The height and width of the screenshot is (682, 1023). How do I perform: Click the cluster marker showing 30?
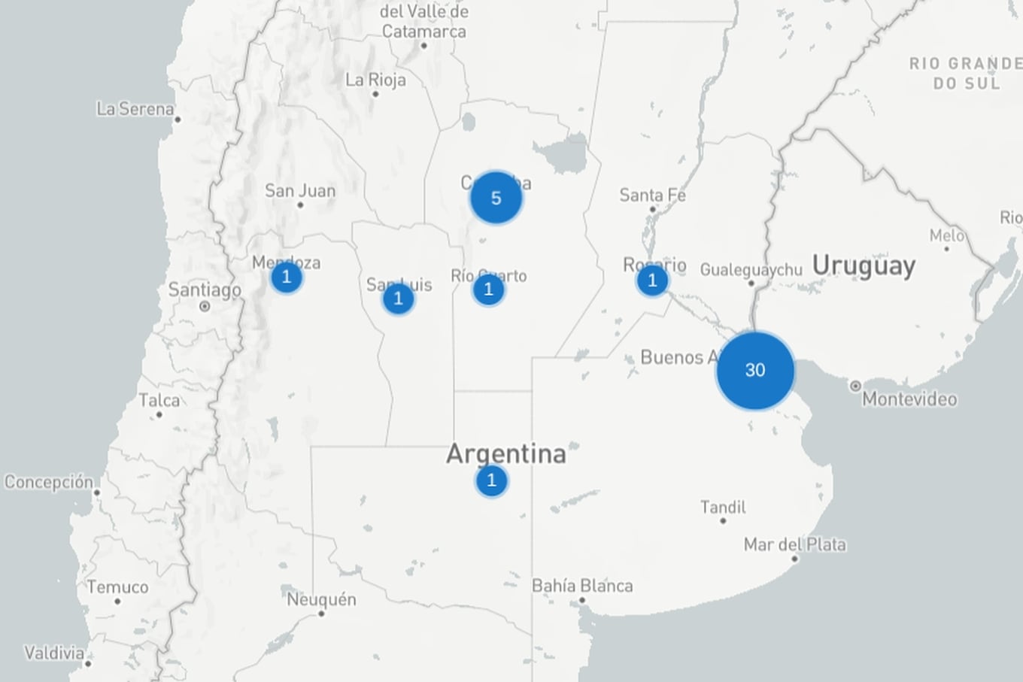click(754, 370)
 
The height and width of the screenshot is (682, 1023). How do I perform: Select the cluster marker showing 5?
click(496, 198)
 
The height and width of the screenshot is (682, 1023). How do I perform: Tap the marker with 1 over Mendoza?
click(286, 277)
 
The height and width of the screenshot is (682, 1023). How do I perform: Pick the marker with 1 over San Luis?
click(398, 299)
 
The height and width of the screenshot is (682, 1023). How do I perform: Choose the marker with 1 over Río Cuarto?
click(488, 289)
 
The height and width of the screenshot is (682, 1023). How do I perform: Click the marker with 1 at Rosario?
click(652, 281)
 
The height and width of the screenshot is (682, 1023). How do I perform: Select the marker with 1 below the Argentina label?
click(491, 480)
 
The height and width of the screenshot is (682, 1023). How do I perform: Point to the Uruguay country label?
click(864, 265)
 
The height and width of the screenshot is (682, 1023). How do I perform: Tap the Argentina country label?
click(505, 453)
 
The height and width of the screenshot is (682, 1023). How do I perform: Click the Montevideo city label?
click(909, 399)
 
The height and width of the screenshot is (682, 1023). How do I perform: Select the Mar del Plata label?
click(794, 544)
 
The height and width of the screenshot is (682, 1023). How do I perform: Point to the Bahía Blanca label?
click(582, 585)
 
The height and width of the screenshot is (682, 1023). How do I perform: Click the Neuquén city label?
click(321, 599)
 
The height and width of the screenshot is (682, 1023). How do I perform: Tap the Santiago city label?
click(204, 289)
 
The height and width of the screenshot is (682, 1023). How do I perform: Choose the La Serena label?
click(135, 109)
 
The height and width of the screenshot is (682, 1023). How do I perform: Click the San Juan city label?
click(299, 190)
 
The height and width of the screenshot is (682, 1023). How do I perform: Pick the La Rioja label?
click(375, 80)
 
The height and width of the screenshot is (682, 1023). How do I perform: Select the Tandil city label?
click(723, 507)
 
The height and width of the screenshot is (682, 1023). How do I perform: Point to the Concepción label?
click(49, 481)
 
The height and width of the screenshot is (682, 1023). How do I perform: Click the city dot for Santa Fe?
click(653, 210)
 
